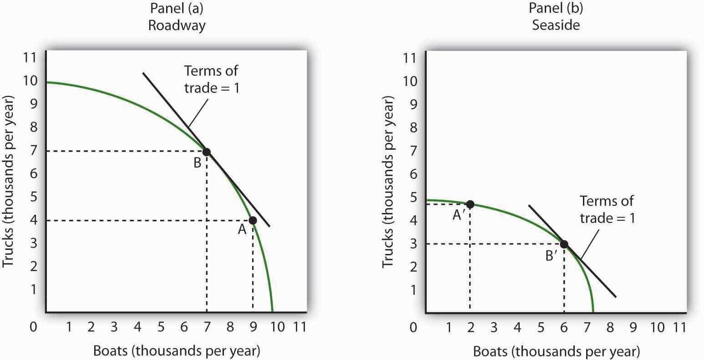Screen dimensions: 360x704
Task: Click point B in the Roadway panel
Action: point(206,152)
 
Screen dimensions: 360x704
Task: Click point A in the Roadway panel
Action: point(253,220)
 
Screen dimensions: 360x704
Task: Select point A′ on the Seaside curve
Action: point(470,204)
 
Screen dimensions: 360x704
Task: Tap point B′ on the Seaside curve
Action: point(564,244)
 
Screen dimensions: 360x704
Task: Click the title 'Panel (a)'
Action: point(177,9)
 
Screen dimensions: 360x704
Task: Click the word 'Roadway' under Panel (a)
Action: point(177,25)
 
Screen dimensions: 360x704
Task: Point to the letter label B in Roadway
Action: point(197,163)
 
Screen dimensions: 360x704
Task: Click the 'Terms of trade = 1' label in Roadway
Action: point(211,79)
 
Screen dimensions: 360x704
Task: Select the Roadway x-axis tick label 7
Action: point(207,327)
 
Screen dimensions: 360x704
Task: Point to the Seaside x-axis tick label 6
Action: point(564,327)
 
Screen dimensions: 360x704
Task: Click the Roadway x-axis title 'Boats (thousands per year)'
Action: point(177,350)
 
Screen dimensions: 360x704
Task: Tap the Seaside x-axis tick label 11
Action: point(679,327)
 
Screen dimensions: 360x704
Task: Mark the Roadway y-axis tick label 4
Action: point(35,220)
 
